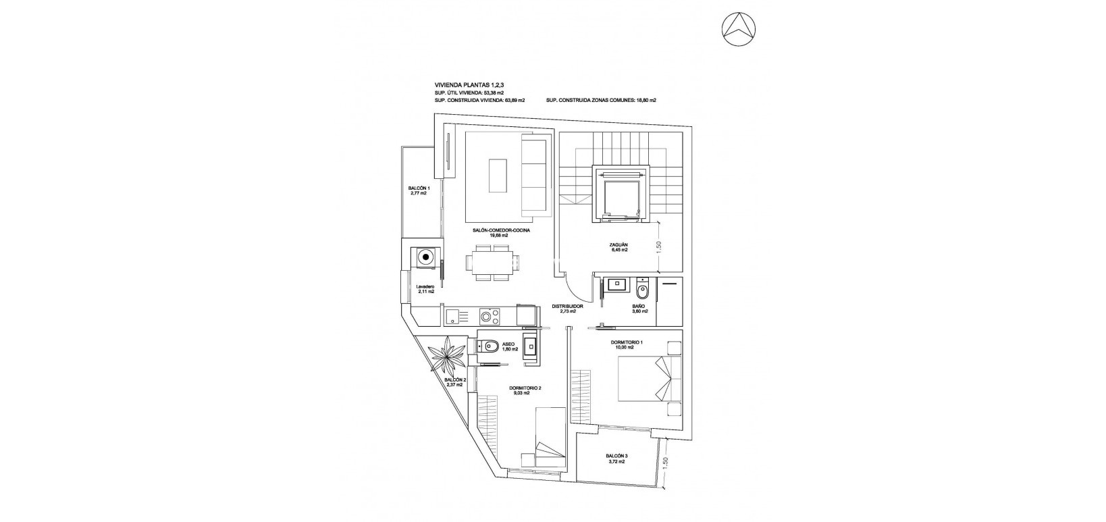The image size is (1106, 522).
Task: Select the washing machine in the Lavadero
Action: (x=425, y=256)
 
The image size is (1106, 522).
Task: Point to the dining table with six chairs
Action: (x=493, y=263)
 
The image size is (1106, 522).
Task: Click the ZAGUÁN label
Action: (x=620, y=247)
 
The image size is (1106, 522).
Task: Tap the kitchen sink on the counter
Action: (x=453, y=315)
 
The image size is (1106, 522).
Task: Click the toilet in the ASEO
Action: (x=491, y=347)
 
